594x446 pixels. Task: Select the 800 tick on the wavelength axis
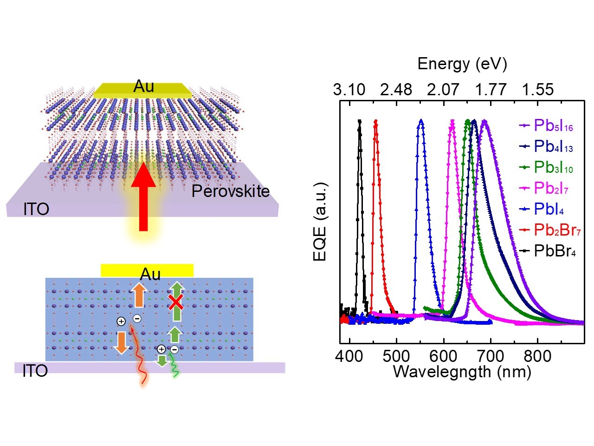[537, 356]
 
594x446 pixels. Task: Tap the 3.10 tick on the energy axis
[349, 90]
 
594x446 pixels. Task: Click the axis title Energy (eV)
[462, 64]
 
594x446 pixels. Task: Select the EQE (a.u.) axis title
[321, 222]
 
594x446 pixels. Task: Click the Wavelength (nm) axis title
[462, 372]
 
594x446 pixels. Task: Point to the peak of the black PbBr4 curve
[359, 121]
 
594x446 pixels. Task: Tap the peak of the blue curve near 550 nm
[421, 121]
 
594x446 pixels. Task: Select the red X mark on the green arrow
[175, 302]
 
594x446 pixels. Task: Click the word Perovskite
[231, 191]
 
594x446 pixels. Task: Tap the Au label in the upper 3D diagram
[143, 86]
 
